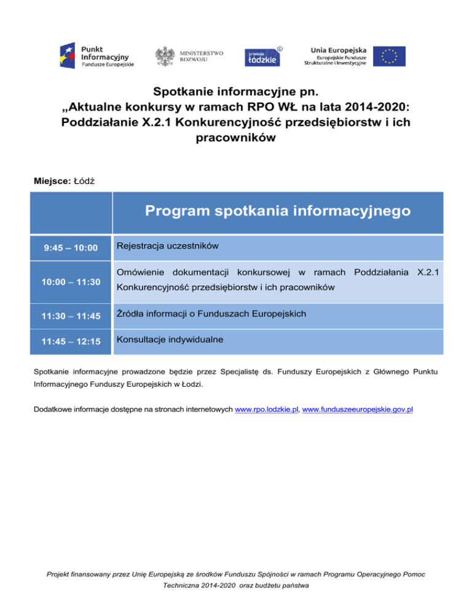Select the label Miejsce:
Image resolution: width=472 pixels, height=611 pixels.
tap(52, 181)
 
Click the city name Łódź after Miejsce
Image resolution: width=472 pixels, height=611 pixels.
tap(84, 181)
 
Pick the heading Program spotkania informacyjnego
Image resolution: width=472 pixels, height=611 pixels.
tap(278, 212)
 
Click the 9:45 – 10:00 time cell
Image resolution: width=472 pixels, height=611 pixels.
tap(71, 248)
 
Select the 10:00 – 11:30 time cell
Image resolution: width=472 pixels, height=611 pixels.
tap(71, 282)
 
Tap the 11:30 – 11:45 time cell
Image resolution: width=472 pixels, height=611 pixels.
tap(71, 317)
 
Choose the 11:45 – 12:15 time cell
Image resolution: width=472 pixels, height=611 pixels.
tap(71, 341)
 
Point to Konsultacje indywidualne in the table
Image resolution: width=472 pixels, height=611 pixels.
tap(170, 339)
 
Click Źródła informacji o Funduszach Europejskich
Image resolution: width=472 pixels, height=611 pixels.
tap(211, 314)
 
